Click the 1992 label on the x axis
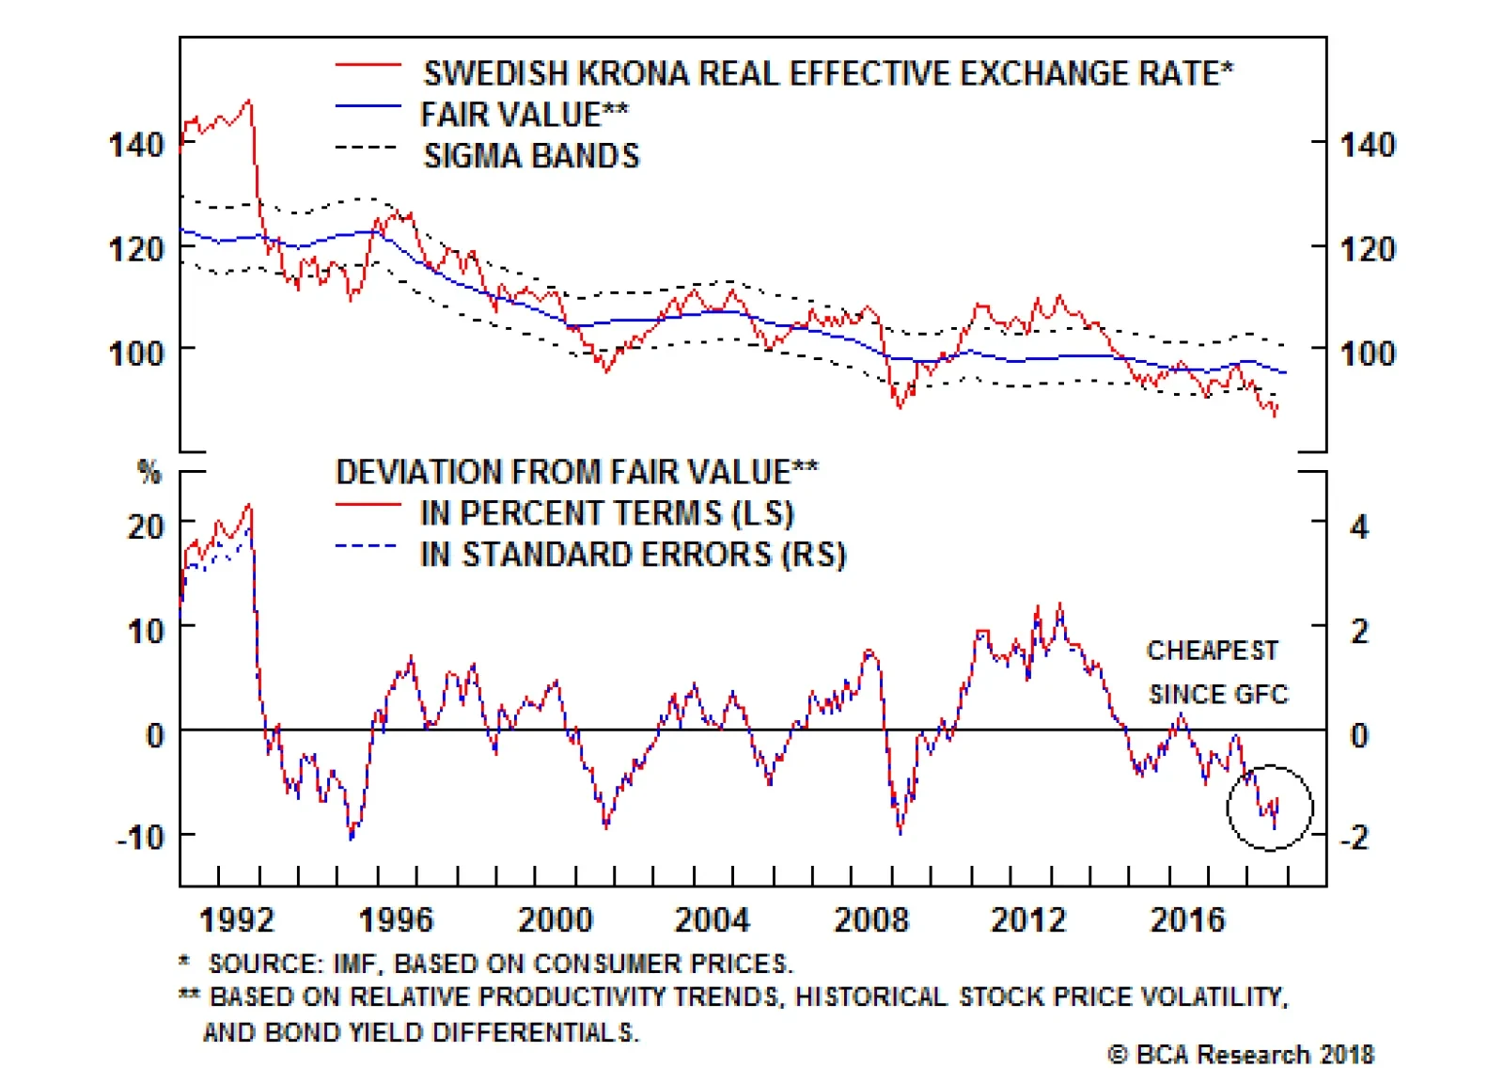(x=237, y=919)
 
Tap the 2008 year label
(x=871, y=919)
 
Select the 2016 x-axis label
(x=1188, y=919)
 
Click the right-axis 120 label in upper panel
(x=1368, y=249)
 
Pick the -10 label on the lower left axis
(x=140, y=836)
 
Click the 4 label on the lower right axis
(x=1359, y=526)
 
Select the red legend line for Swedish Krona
(x=368, y=64)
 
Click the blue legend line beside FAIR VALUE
(x=368, y=106)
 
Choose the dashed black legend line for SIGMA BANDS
(x=367, y=148)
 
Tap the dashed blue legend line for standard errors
(x=367, y=546)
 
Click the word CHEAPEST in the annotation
(x=1212, y=651)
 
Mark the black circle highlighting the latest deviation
(x=1270, y=807)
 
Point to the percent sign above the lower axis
(x=149, y=472)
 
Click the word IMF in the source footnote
(x=353, y=964)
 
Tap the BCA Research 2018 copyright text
(x=1241, y=1055)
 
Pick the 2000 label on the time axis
(x=556, y=919)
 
